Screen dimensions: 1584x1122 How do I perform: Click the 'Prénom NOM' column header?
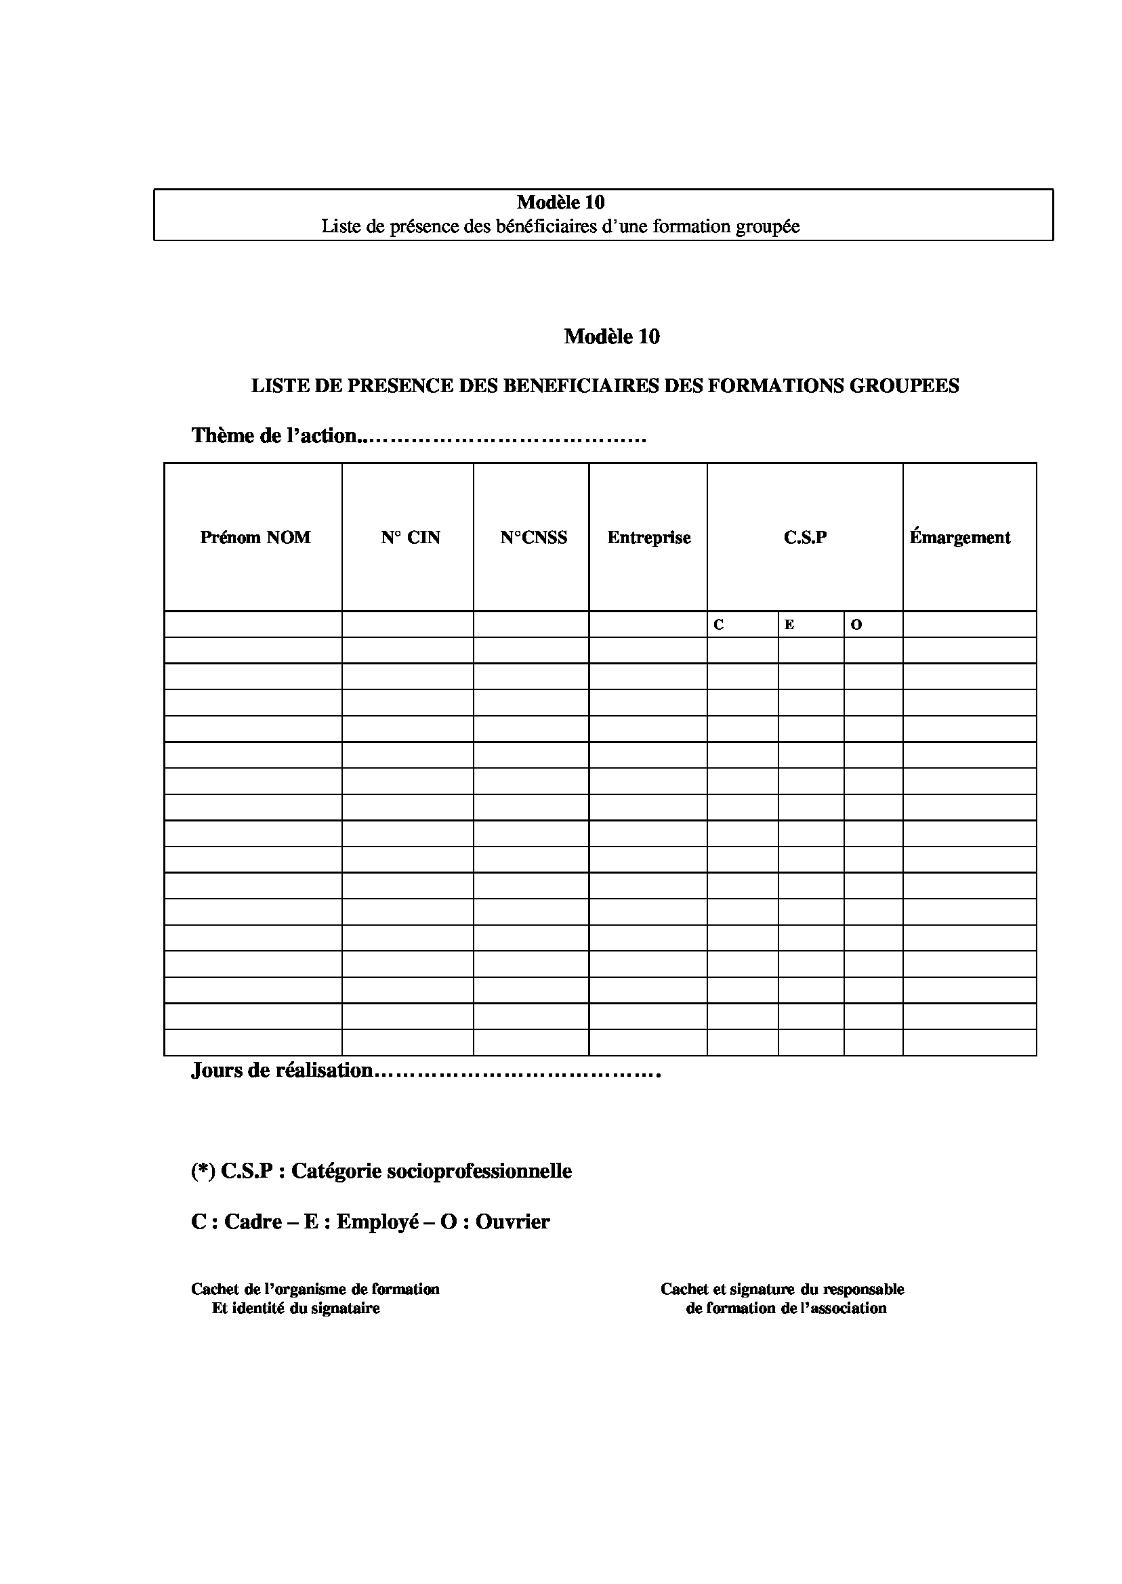[x=255, y=537]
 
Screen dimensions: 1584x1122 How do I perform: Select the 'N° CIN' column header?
[x=410, y=537]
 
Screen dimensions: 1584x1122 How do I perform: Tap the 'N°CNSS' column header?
[x=533, y=537]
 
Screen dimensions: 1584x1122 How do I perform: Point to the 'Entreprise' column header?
[x=649, y=537]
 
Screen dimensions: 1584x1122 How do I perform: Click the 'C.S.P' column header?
[x=805, y=537]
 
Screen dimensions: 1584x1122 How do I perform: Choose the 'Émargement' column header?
[x=959, y=537]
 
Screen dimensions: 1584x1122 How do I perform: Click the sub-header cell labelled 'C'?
[x=718, y=625]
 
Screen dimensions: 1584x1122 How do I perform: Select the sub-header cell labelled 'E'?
[x=789, y=625]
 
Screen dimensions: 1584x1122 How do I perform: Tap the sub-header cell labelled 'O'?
[x=856, y=625]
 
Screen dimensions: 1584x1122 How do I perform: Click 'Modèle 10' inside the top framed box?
[x=560, y=202]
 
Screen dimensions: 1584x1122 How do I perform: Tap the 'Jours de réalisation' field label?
[x=282, y=1070]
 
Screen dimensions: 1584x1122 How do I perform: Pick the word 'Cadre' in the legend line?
[x=253, y=1222]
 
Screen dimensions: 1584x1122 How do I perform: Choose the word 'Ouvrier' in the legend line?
[x=513, y=1222]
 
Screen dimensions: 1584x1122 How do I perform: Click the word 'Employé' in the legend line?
[x=378, y=1222]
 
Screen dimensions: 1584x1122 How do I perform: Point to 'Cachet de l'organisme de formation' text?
[x=315, y=1289]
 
